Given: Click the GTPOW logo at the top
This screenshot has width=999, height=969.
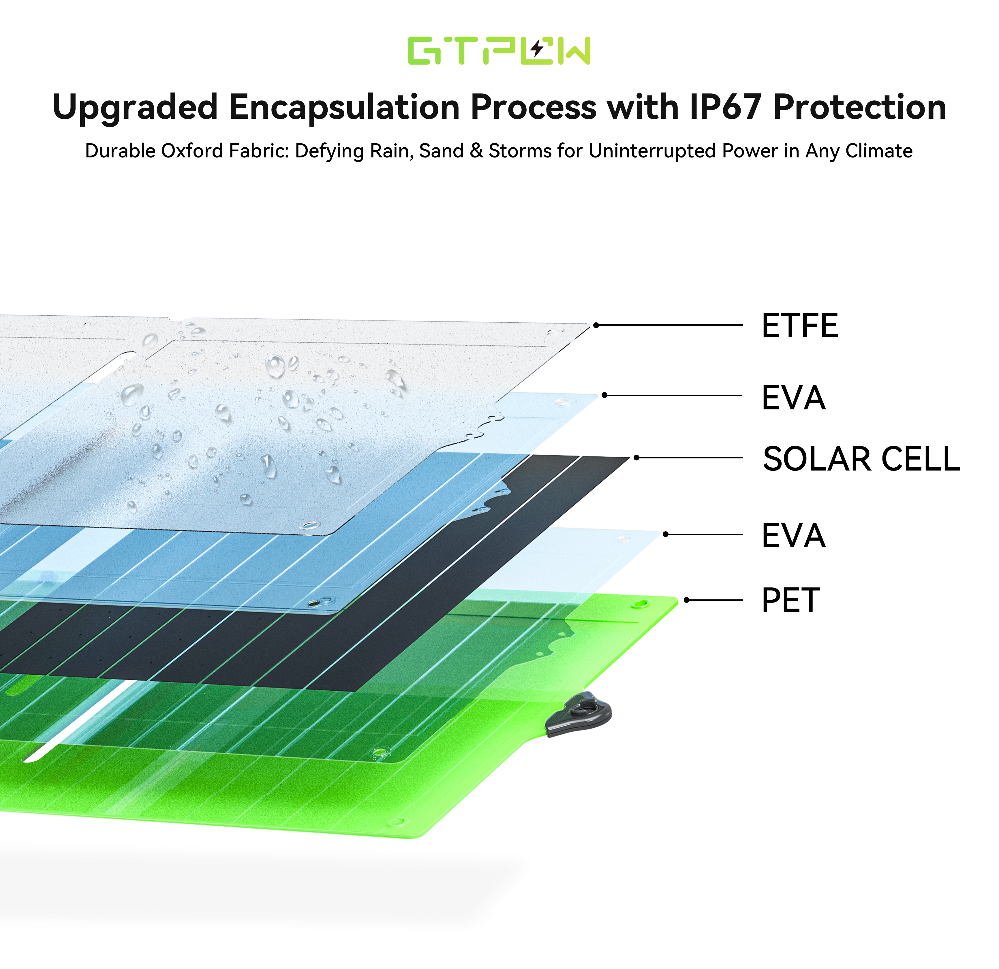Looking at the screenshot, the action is [x=499, y=50].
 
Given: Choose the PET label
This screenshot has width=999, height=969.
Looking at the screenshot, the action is [x=790, y=600].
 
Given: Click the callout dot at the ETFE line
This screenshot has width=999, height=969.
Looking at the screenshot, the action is [x=596, y=325].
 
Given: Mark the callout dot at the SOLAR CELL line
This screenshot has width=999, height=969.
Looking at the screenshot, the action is [x=636, y=458].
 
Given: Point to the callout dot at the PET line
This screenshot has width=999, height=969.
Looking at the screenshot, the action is [x=687, y=600].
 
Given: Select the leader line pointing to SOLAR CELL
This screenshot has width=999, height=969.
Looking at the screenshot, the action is [x=689, y=458].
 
